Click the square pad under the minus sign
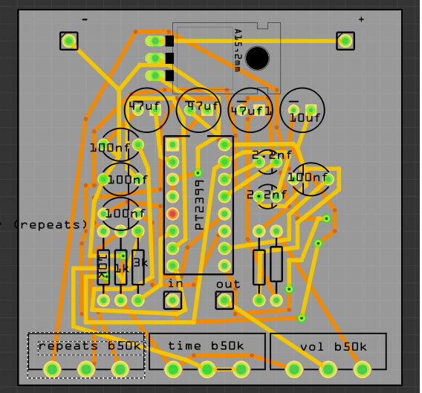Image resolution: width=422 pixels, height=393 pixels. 69,41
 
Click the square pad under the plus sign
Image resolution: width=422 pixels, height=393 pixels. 345,41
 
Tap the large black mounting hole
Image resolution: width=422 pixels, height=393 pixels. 257,58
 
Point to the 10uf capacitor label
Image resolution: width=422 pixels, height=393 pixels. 305,117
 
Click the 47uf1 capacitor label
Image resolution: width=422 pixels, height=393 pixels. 251,111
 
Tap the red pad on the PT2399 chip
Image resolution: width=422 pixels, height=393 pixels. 172,214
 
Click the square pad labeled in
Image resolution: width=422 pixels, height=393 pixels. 172,300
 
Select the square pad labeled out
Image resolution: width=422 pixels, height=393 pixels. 224,300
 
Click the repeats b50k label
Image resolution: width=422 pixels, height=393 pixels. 89,346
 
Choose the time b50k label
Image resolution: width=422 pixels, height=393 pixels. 206,346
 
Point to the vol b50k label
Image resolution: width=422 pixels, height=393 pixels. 333,347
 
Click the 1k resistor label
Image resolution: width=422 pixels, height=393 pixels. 121,267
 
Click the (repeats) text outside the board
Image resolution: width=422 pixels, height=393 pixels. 48,224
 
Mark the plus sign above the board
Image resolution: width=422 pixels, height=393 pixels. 361,19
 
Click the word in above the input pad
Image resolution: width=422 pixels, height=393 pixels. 175,283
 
